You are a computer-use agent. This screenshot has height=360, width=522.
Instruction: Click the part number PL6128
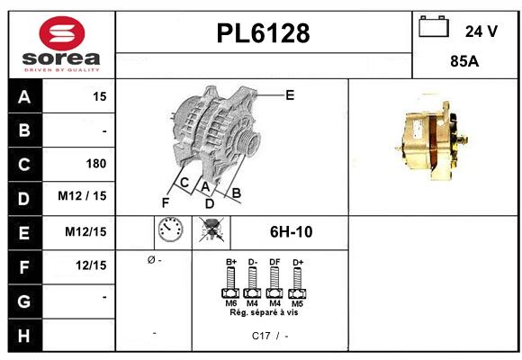[264, 33]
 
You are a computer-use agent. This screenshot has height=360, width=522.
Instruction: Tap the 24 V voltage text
[481, 31]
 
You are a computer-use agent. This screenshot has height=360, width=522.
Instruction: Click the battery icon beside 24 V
[435, 28]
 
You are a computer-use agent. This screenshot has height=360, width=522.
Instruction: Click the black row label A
[23, 96]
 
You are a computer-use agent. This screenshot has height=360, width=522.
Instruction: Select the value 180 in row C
[96, 164]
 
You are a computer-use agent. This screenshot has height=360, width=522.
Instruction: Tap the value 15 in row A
[100, 96]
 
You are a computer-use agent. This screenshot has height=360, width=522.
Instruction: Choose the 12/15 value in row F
[92, 265]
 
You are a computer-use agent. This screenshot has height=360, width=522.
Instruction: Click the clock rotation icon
[169, 232]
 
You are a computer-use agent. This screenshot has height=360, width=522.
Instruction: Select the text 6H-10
[290, 232]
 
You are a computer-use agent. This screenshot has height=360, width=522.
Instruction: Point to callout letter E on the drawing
[290, 94]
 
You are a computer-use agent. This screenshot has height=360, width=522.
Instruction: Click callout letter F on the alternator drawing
[165, 202]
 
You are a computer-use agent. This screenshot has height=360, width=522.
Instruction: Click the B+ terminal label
[231, 262]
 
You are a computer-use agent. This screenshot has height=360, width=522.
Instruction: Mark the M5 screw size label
[297, 303]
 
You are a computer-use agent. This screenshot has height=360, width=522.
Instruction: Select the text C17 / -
[270, 336]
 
